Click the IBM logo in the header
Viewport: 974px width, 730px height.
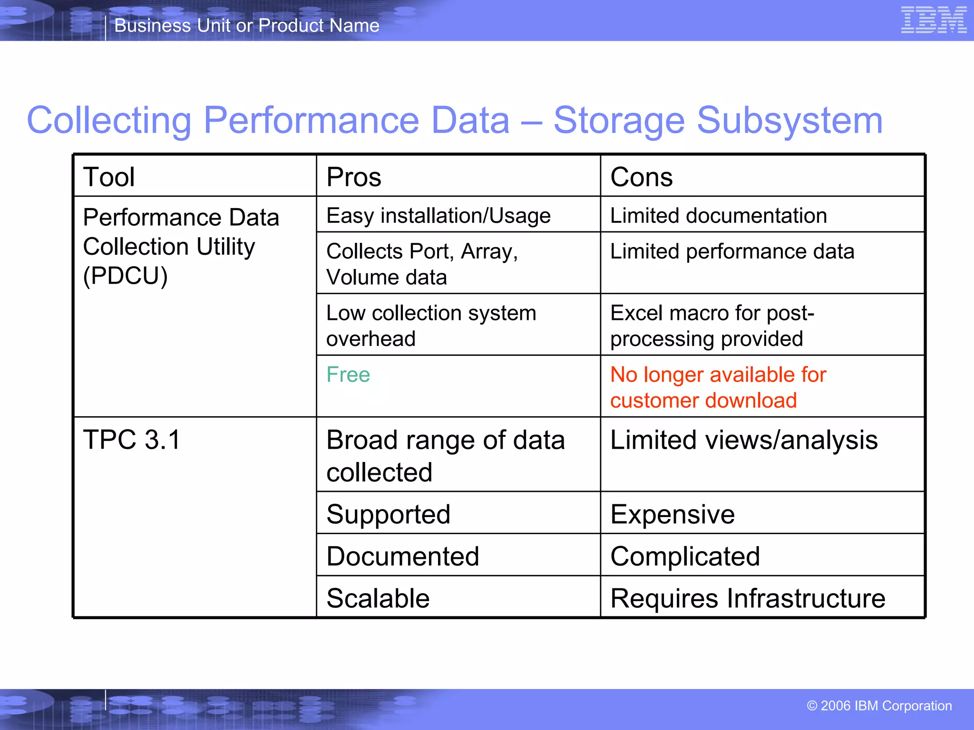(x=934, y=20)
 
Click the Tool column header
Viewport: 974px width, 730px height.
(x=109, y=177)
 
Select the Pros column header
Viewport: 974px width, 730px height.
(x=354, y=177)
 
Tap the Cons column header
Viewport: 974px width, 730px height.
(x=641, y=177)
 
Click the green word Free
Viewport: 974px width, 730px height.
(x=348, y=375)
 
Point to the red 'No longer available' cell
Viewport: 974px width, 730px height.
(x=718, y=387)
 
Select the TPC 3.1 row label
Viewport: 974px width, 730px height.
(x=132, y=440)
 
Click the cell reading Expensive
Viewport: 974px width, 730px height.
(x=672, y=514)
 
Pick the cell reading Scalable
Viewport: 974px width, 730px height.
(x=378, y=598)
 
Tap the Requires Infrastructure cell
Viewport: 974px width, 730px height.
(x=747, y=598)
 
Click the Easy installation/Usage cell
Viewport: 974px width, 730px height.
(x=438, y=216)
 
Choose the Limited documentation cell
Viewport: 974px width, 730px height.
(x=718, y=216)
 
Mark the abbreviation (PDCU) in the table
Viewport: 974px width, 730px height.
(x=126, y=276)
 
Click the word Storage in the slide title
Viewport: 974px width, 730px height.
(x=619, y=120)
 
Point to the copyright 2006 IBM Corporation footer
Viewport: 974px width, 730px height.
(x=879, y=706)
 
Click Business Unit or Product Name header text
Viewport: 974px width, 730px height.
(x=247, y=26)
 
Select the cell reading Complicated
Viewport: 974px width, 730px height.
(x=685, y=556)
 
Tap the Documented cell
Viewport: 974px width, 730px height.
(x=403, y=556)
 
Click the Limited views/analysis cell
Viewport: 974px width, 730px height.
(x=743, y=440)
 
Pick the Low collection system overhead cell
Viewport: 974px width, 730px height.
(x=430, y=326)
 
